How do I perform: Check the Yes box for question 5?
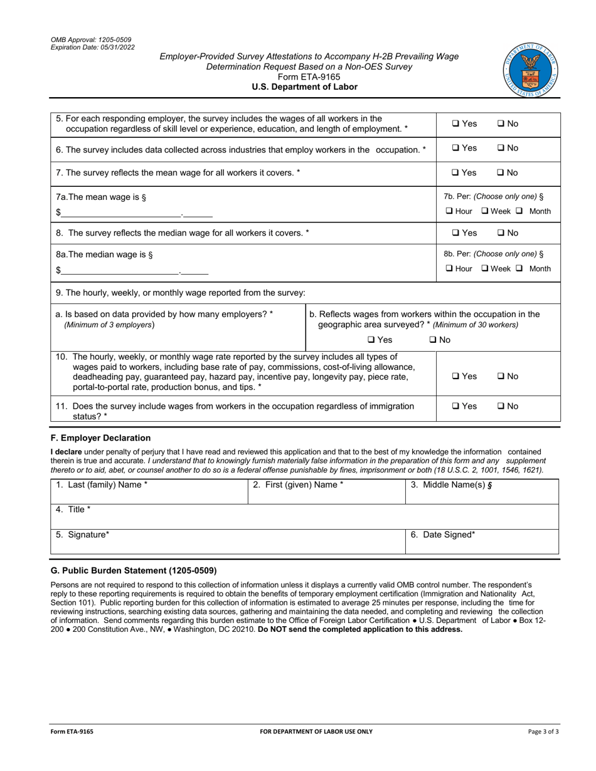point(456,124)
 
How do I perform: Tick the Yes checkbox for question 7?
point(456,172)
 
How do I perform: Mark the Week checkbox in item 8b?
point(485,269)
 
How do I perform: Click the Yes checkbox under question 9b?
point(371,340)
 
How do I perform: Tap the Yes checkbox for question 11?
point(456,406)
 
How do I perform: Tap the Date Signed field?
point(481,542)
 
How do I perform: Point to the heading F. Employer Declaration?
point(100,438)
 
